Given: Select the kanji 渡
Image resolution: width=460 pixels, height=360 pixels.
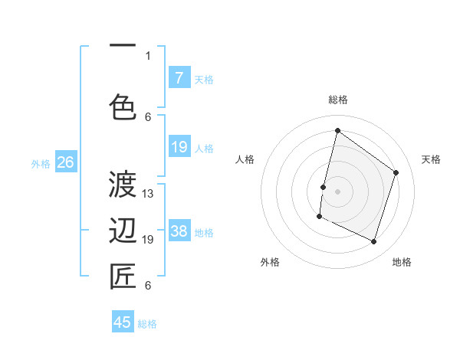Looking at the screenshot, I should [x=123, y=185].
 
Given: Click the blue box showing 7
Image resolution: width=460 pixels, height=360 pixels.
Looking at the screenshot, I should [x=179, y=78].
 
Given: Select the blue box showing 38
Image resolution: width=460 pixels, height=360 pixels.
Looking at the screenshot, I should [x=179, y=232].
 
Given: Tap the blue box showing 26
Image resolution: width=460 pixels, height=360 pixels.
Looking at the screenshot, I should [x=65, y=162].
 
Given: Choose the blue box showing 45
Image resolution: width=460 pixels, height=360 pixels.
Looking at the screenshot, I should [x=123, y=322].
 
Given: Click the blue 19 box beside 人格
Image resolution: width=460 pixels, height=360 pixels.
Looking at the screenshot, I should [x=179, y=147].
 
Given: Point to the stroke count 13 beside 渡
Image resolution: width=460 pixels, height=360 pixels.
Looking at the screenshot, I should [x=148, y=194].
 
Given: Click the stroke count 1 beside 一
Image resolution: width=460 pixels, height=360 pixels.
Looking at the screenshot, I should [x=148, y=55].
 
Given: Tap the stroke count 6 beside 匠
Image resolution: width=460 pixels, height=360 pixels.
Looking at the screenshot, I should [x=148, y=286].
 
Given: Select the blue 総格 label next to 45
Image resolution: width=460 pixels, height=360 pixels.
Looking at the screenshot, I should [x=147, y=324].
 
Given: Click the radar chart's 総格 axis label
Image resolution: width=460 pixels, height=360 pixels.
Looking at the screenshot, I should [x=337, y=100].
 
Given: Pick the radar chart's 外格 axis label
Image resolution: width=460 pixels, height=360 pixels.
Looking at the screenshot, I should [x=270, y=262].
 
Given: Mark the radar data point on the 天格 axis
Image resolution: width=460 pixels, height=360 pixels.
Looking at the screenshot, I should [x=396, y=172].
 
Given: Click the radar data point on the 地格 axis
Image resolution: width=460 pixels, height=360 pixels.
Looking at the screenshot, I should [x=373, y=242].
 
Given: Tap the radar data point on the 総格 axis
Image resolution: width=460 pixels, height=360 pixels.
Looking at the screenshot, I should [x=337, y=130].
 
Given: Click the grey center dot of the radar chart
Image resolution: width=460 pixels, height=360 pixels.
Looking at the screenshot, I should [x=337, y=191].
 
